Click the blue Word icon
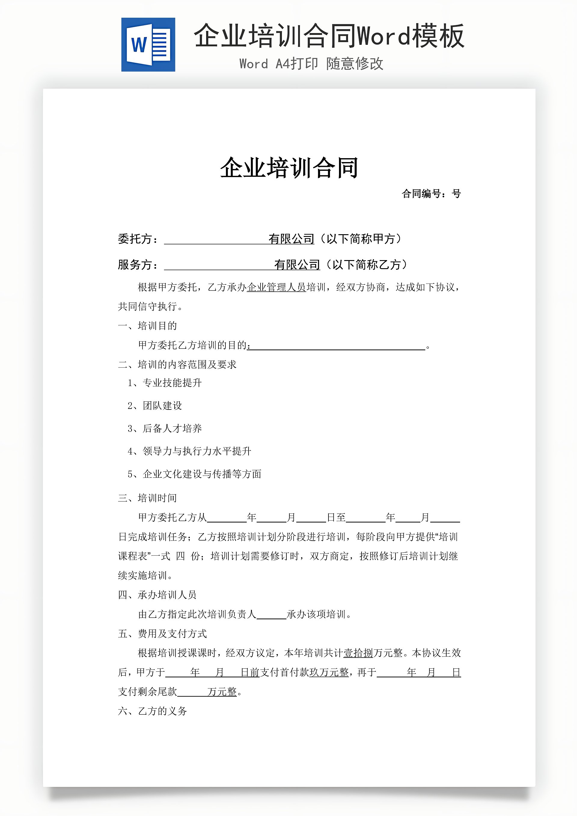tap(148, 45)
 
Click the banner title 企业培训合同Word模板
tap(329, 36)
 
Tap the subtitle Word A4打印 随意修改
tap(311, 64)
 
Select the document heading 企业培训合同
tap(289, 168)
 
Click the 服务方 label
tap(138, 265)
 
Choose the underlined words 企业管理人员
tap(276, 287)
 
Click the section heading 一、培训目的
tap(148, 326)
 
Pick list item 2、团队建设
tap(155, 406)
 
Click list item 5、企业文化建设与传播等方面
tap(195, 474)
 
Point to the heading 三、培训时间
tap(148, 498)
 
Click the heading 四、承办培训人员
tap(157, 595)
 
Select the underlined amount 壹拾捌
tap(358, 653)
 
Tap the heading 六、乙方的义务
tap(152, 711)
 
